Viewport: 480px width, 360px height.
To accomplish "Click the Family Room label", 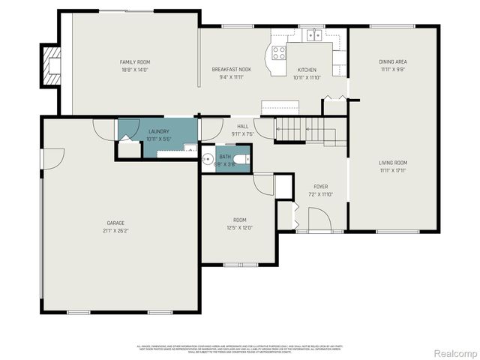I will pos(136,61).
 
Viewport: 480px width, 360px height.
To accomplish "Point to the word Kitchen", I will pos(307,70).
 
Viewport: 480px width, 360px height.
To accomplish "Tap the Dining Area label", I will pos(392,62).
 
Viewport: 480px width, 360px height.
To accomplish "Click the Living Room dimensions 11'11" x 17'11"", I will pos(392,170).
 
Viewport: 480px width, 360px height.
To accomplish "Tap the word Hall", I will pos(243,127).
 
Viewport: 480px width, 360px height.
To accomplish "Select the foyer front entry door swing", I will pos(319,219).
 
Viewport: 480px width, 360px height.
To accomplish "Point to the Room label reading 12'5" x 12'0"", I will pos(240,223).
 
